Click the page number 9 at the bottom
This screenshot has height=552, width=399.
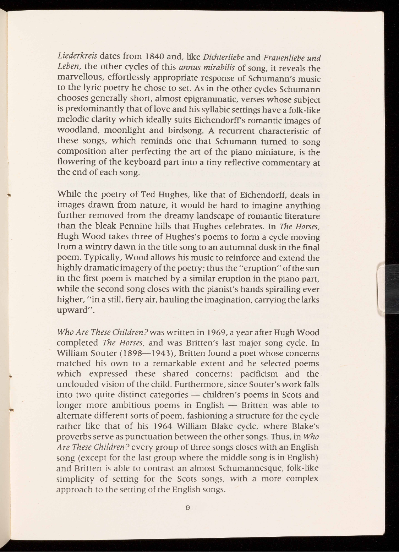(188, 508)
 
